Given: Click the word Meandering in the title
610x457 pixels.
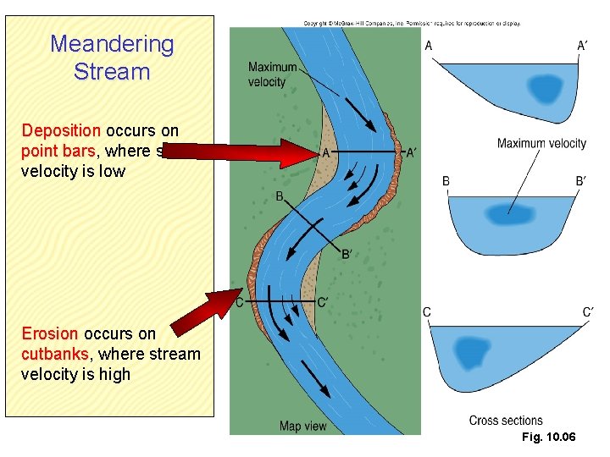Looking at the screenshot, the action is point(112,44).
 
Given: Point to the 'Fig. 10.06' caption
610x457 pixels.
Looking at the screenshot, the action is point(550,437).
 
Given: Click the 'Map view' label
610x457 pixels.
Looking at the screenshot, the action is point(302,426).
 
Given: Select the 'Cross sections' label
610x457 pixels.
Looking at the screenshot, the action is point(506,421).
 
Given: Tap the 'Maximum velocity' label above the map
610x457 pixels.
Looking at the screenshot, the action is point(273,74).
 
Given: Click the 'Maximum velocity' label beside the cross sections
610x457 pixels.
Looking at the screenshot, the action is point(541,143).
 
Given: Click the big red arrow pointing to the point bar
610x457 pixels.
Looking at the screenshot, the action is point(254,153).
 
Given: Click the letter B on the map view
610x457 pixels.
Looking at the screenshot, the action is point(279,196).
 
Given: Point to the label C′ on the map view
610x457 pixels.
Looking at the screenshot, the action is point(323,302).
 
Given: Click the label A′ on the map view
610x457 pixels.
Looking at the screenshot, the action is point(412,153).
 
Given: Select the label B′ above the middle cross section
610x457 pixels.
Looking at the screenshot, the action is point(580,181).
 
